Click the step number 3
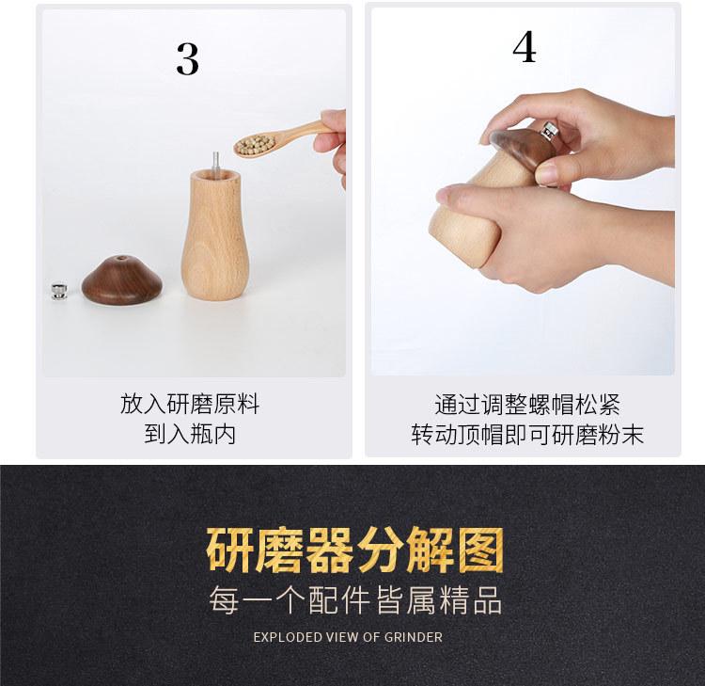[187, 59]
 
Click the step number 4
[525, 47]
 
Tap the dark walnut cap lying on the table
[122, 280]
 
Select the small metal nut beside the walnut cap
[59, 291]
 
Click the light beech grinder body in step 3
[215, 234]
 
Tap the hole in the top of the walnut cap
[121, 259]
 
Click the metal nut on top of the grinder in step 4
[549, 131]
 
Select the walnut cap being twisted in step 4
[517, 149]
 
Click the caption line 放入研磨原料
[190, 404]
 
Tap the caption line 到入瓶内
[190, 434]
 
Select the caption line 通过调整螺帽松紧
[527, 405]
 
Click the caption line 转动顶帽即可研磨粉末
[527, 435]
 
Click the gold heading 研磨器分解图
[354, 550]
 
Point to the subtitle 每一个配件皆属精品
[354, 600]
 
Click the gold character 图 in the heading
[480, 550]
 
